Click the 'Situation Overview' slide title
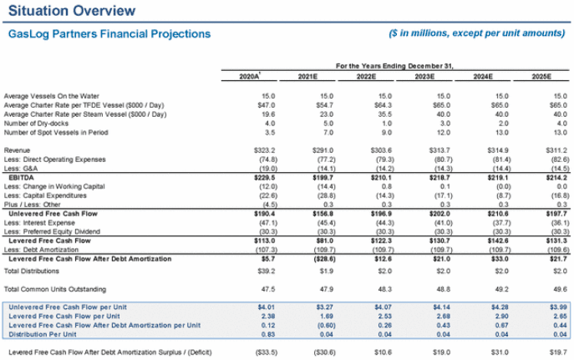pyautogui.click(x=70, y=11)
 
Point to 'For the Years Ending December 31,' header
pyautogui.click(x=394, y=65)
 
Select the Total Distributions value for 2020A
pyautogui.click(x=267, y=271)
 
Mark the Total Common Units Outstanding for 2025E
pyautogui.click(x=558, y=288)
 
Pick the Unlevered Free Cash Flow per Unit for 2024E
pyautogui.click(x=498, y=307)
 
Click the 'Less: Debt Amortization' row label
pyautogui.click(x=42, y=250)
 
